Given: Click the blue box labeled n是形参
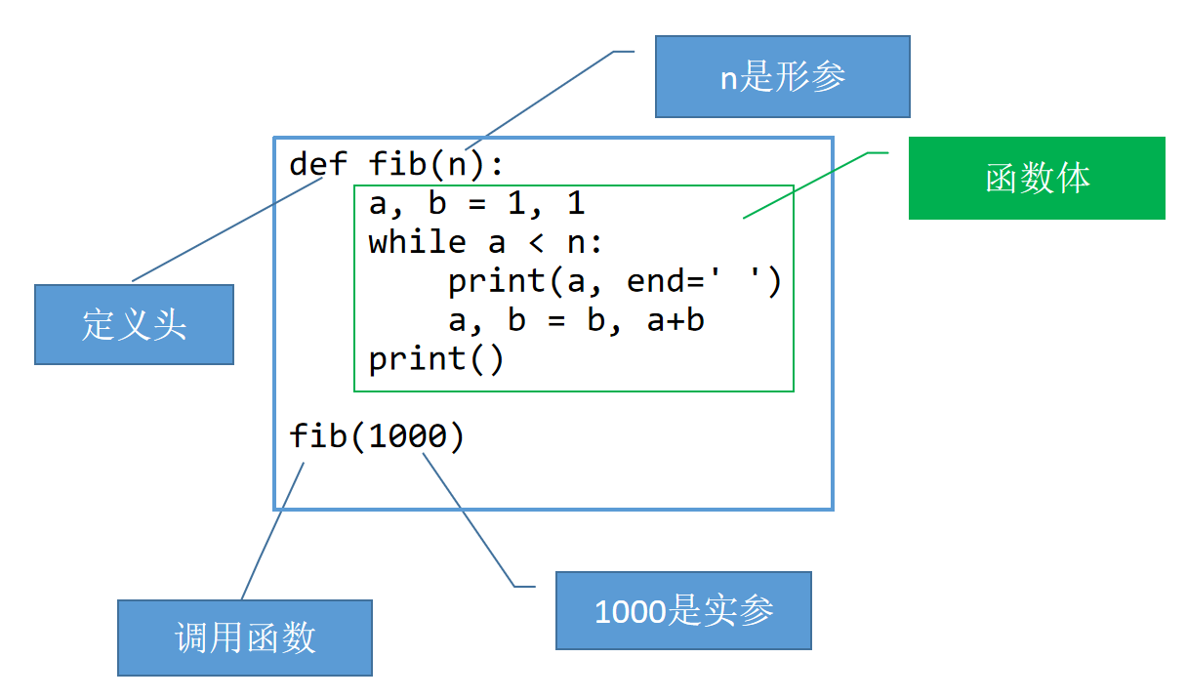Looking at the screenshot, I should point(782,77).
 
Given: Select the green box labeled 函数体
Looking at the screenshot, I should point(1037,178).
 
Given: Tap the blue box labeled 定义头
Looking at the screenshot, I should point(134,324).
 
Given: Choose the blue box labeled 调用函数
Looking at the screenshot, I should point(245,637).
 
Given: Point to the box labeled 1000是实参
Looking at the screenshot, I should point(683,611).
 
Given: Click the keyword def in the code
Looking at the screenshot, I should point(318,164).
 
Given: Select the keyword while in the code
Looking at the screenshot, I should point(417,242).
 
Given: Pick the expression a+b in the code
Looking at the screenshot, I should point(675,320).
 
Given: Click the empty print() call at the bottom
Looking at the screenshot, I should point(436,359).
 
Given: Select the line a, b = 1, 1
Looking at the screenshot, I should point(476,203).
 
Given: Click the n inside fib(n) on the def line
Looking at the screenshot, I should point(457,164).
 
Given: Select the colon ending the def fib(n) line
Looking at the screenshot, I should point(496,165).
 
